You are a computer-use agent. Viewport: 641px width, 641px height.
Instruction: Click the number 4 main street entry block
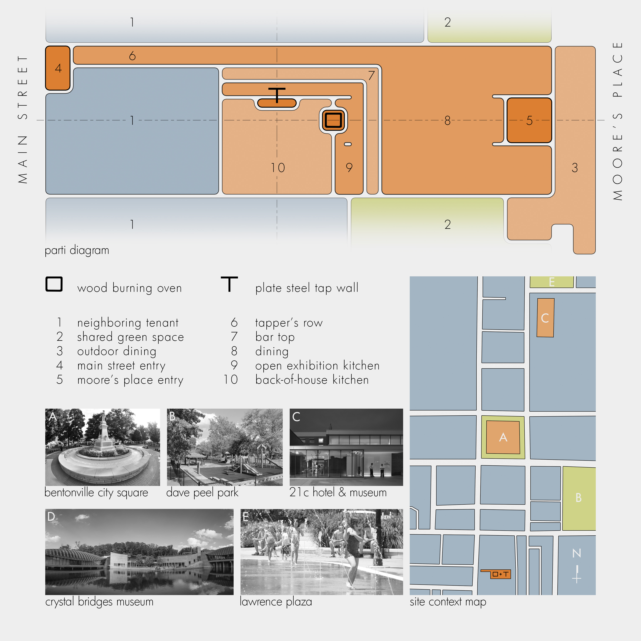pyautogui.click(x=58, y=68)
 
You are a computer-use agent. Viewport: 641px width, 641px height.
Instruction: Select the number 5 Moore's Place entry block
pyautogui.click(x=529, y=120)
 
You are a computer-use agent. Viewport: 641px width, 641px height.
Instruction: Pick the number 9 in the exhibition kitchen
pyautogui.click(x=349, y=168)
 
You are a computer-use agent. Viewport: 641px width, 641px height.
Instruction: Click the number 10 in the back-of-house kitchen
pyautogui.click(x=278, y=168)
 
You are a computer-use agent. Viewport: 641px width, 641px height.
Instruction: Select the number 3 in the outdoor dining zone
pyautogui.click(x=575, y=168)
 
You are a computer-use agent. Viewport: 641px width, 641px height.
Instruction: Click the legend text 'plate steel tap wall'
pyautogui.click(x=307, y=288)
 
